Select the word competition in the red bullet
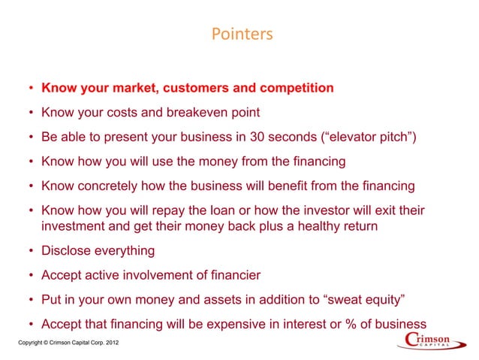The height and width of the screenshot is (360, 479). click(295, 89)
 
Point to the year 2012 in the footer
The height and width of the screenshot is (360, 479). click(107, 343)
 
